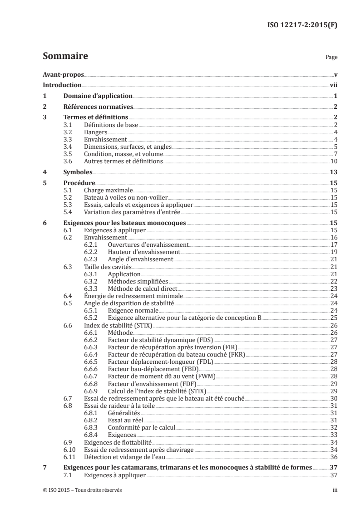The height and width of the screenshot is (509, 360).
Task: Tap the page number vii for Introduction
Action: (333, 85)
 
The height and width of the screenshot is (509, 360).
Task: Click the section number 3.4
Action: (68, 147)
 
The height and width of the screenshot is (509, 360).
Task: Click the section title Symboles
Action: (78, 172)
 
